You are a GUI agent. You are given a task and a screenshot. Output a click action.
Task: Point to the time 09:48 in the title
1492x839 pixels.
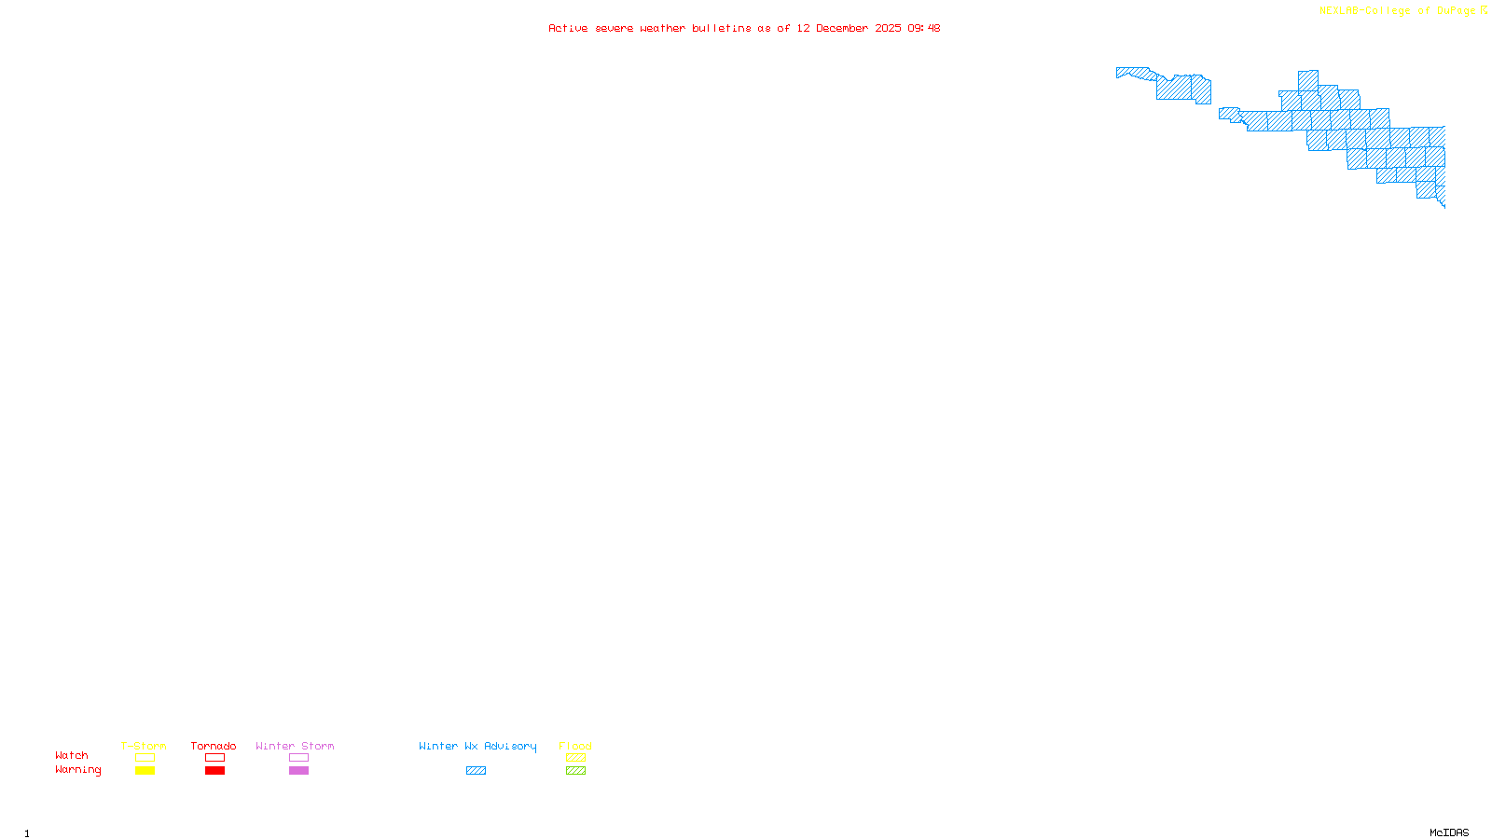[x=923, y=28]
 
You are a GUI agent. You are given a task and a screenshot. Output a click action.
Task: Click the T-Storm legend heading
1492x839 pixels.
[x=144, y=746]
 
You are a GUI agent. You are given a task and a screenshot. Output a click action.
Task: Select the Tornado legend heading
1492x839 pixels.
[x=214, y=746]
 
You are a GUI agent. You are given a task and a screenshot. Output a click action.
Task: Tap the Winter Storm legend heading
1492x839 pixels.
[x=295, y=746]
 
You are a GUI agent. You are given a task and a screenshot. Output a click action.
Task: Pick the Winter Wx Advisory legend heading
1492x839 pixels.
[x=477, y=746]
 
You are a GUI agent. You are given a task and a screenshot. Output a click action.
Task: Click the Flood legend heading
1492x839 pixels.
[x=575, y=746]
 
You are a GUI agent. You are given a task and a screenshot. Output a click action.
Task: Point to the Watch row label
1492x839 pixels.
[x=72, y=755]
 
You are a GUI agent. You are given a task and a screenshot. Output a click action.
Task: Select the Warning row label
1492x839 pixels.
[x=78, y=770]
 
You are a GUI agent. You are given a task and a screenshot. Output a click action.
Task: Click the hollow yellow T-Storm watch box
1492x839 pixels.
[x=145, y=758]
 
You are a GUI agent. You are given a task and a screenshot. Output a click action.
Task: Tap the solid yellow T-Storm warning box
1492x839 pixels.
[x=145, y=771]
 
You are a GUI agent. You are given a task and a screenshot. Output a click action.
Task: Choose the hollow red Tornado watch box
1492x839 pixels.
[x=214, y=758]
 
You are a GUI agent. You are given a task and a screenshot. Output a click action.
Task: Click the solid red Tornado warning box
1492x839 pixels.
[x=214, y=771]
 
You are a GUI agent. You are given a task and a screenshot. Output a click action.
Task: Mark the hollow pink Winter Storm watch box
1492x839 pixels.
[x=298, y=758]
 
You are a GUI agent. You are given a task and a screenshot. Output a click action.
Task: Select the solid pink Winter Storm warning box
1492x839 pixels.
[x=298, y=771]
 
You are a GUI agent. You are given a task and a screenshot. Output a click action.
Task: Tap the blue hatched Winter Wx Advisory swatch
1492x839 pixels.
[x=476, y=771]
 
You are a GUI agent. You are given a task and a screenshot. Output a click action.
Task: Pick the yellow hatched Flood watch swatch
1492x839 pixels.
[x=575, y=758]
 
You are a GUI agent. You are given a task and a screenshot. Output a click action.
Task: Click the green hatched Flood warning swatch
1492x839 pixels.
[x=575, y=771]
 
